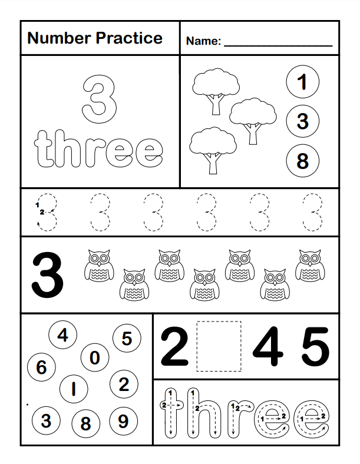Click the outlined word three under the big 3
click(x=99, y=151)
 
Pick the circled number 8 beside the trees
click(x=302, y=160)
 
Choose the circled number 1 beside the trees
click(x=302, y=82)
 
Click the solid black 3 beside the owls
click(x=47, y=275)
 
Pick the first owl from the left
click(x=98, y=266)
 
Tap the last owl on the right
click(x=308, y=266)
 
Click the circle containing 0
click(x=94, y=358)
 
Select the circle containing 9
click(x=123, y=421)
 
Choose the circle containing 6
click(x=41, y=368)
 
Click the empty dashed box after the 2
click(x=219, y=346)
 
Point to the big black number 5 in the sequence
click(x=315, y=347)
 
